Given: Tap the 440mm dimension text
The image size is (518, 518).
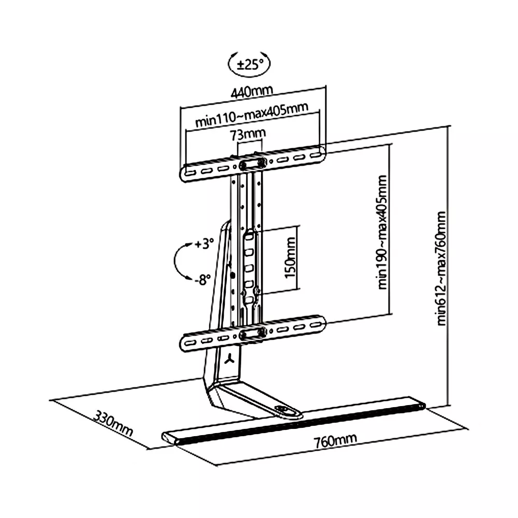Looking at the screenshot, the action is (252, 92).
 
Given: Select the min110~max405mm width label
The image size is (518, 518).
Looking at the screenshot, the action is (252, 114).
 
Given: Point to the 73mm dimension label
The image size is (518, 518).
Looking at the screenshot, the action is (248, 134).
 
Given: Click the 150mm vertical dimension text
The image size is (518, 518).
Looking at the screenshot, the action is (291, 258).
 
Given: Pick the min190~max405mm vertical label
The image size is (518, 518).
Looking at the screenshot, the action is (382, 232).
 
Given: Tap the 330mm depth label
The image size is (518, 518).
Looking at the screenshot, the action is (113, 423).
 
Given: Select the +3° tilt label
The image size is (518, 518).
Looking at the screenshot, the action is (204, 244).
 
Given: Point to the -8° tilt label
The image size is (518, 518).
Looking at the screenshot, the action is (202, 280).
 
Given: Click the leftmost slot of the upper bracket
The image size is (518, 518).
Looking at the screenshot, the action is (191, 173).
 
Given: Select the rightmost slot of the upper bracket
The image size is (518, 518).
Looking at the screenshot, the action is (315, 154).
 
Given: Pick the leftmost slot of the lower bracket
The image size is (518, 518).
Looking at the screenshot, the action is (191, 342).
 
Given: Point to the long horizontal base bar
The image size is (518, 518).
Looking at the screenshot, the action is (293, 420).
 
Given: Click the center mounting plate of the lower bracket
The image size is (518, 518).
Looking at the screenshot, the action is (252, 333).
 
